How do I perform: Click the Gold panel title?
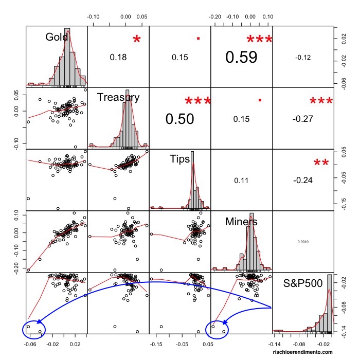(57, 37)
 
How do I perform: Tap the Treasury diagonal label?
(118, 98)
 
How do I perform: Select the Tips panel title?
(180, 159)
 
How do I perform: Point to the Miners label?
(241, 222)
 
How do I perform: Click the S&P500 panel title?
(303, 283)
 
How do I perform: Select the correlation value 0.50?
(179, 119)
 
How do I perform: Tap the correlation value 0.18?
(118, 57)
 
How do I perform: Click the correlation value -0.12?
(303, 57)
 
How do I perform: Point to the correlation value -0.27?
(303, 119)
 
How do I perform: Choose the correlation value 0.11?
(241, 181)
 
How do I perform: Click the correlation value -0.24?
(303, 181)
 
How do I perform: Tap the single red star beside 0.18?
(136, 40)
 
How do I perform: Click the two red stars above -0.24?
(321, 164)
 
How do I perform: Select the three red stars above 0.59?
(259, 40)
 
